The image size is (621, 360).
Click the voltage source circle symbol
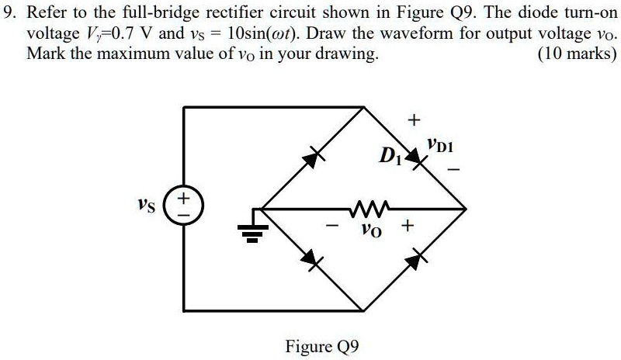[184, 209]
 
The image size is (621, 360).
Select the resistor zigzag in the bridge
[363, 208]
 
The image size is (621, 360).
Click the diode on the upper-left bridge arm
[313, 158]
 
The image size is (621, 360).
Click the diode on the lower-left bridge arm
[312, 259]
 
